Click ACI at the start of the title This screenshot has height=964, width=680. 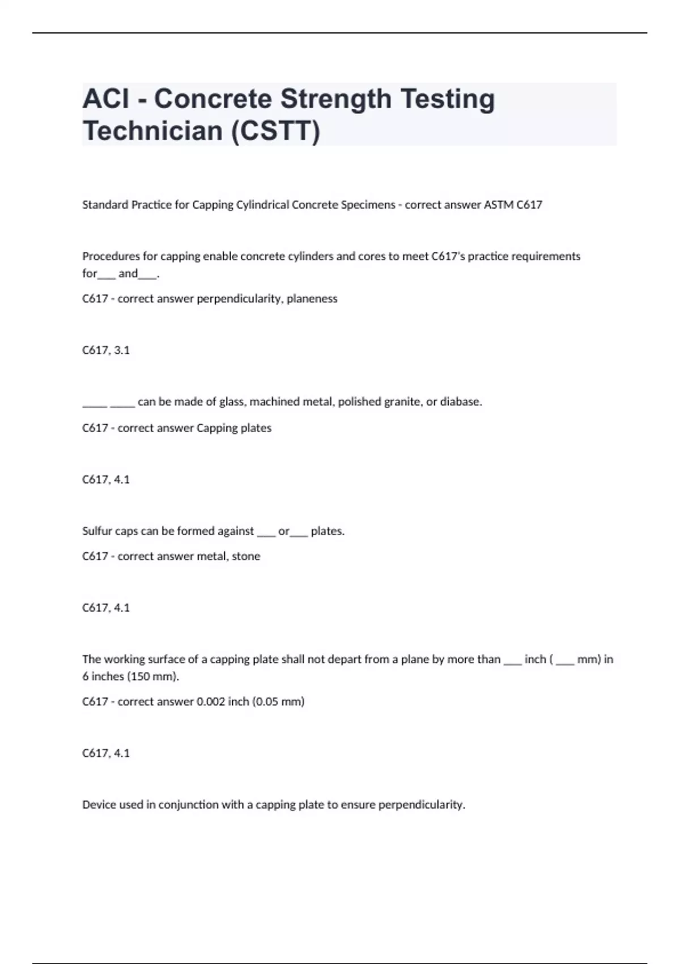pyautogui.click(x=105, y=99)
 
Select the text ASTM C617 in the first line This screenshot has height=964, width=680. pyautogui.click(x=513, y=205)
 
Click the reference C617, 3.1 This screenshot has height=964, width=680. pyautogui.click(x=106, y=350)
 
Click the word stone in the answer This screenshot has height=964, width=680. pyautogui.click(x=246, y=556)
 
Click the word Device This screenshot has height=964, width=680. pyautogui.click(x=98, y=805)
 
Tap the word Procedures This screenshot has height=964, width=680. pyautogui.click(x=108, y=256)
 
